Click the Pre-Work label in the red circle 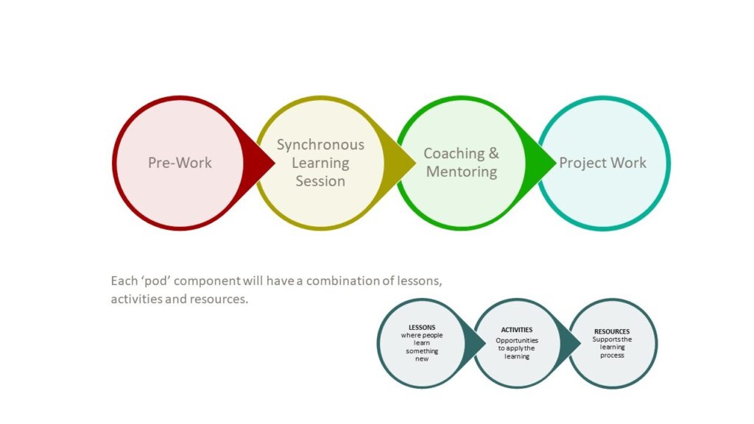point(180,163)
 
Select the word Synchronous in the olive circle point(320,145)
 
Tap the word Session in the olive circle point(320,181)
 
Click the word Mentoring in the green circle point(462,172)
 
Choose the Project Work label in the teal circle point(602,163)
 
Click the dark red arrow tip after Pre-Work point(275,163)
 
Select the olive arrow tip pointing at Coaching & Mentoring point(415,163)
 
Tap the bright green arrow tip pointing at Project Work point(556,163)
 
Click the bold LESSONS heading point(422,328)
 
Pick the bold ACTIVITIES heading point(517,330)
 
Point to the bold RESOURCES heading point(612,332)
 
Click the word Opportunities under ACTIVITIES point(517,341)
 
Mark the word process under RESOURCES point(612,356)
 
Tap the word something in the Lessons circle point(422,351)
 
